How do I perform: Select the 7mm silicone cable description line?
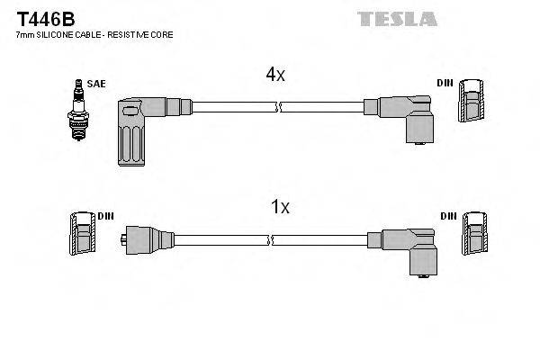click(x=94, y=34)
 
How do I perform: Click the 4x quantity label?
click(x=274, y=75)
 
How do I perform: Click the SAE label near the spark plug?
click(x=97, y=84)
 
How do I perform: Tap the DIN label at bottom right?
click(x=448, y=217)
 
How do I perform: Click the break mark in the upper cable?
click(x=280, y=107)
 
